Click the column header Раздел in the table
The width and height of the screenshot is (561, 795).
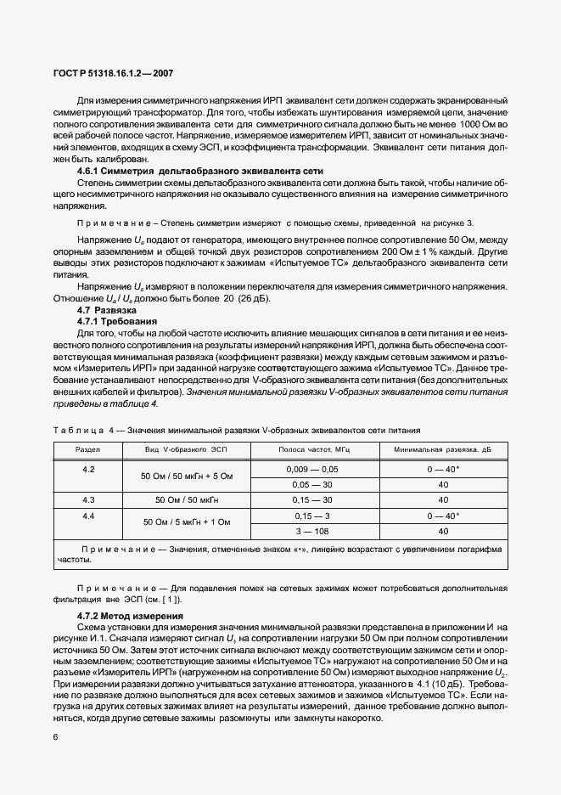(88, 449)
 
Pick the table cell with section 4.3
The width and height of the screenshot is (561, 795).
(88, 500)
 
